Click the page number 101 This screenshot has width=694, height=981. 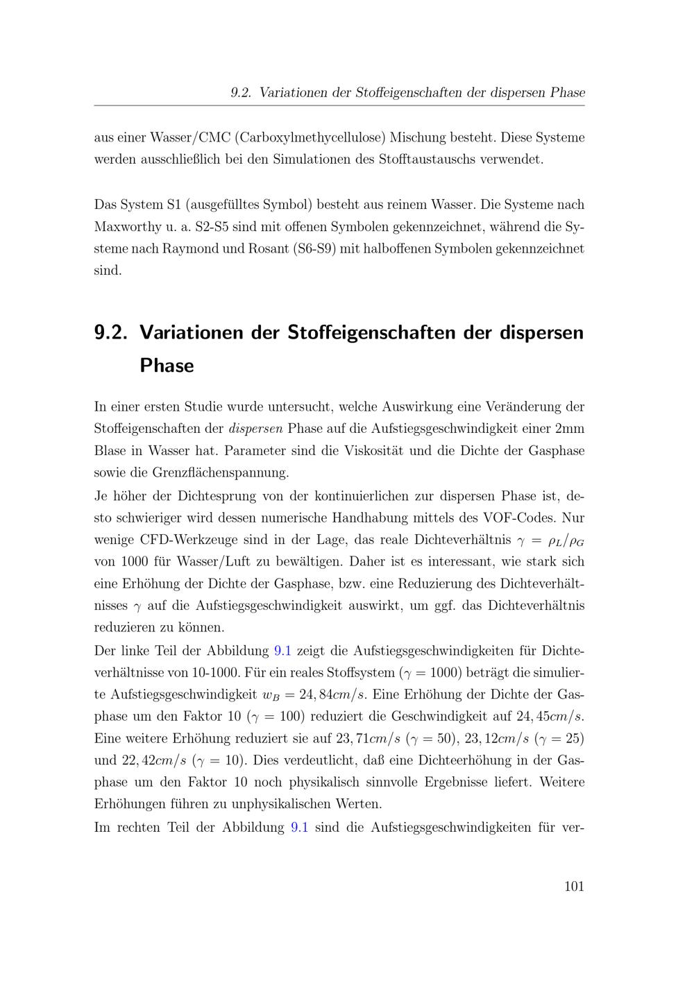(x=574, y=886)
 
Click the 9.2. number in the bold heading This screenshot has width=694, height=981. (x=111, y=332)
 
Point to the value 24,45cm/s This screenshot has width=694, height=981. (x=549, y=715)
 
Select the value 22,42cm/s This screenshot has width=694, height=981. (x=154, y=760)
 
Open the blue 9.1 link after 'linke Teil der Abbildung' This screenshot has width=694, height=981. (x=283, y=650)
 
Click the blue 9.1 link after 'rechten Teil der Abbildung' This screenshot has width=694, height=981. (x=300, y=827)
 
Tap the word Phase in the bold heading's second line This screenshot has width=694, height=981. (x=167, y=366)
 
